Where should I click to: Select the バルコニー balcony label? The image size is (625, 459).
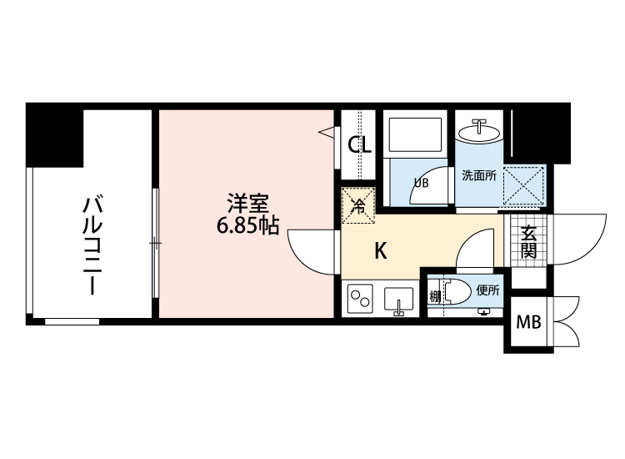(x=92, y=245)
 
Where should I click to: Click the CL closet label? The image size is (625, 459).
(x=359, y=145)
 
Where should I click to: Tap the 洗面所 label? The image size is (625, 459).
(x=479, y=176)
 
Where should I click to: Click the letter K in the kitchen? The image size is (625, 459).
(x=380, y=250)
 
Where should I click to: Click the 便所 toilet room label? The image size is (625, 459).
(x=488, y=291)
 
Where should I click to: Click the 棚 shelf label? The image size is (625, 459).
(x=434, y=296)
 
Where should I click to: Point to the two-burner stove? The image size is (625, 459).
(x=362, y=299)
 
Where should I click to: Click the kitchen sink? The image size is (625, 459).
(x=399, y=300)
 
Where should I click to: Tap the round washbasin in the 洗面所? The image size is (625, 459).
(x=478, y=132)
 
